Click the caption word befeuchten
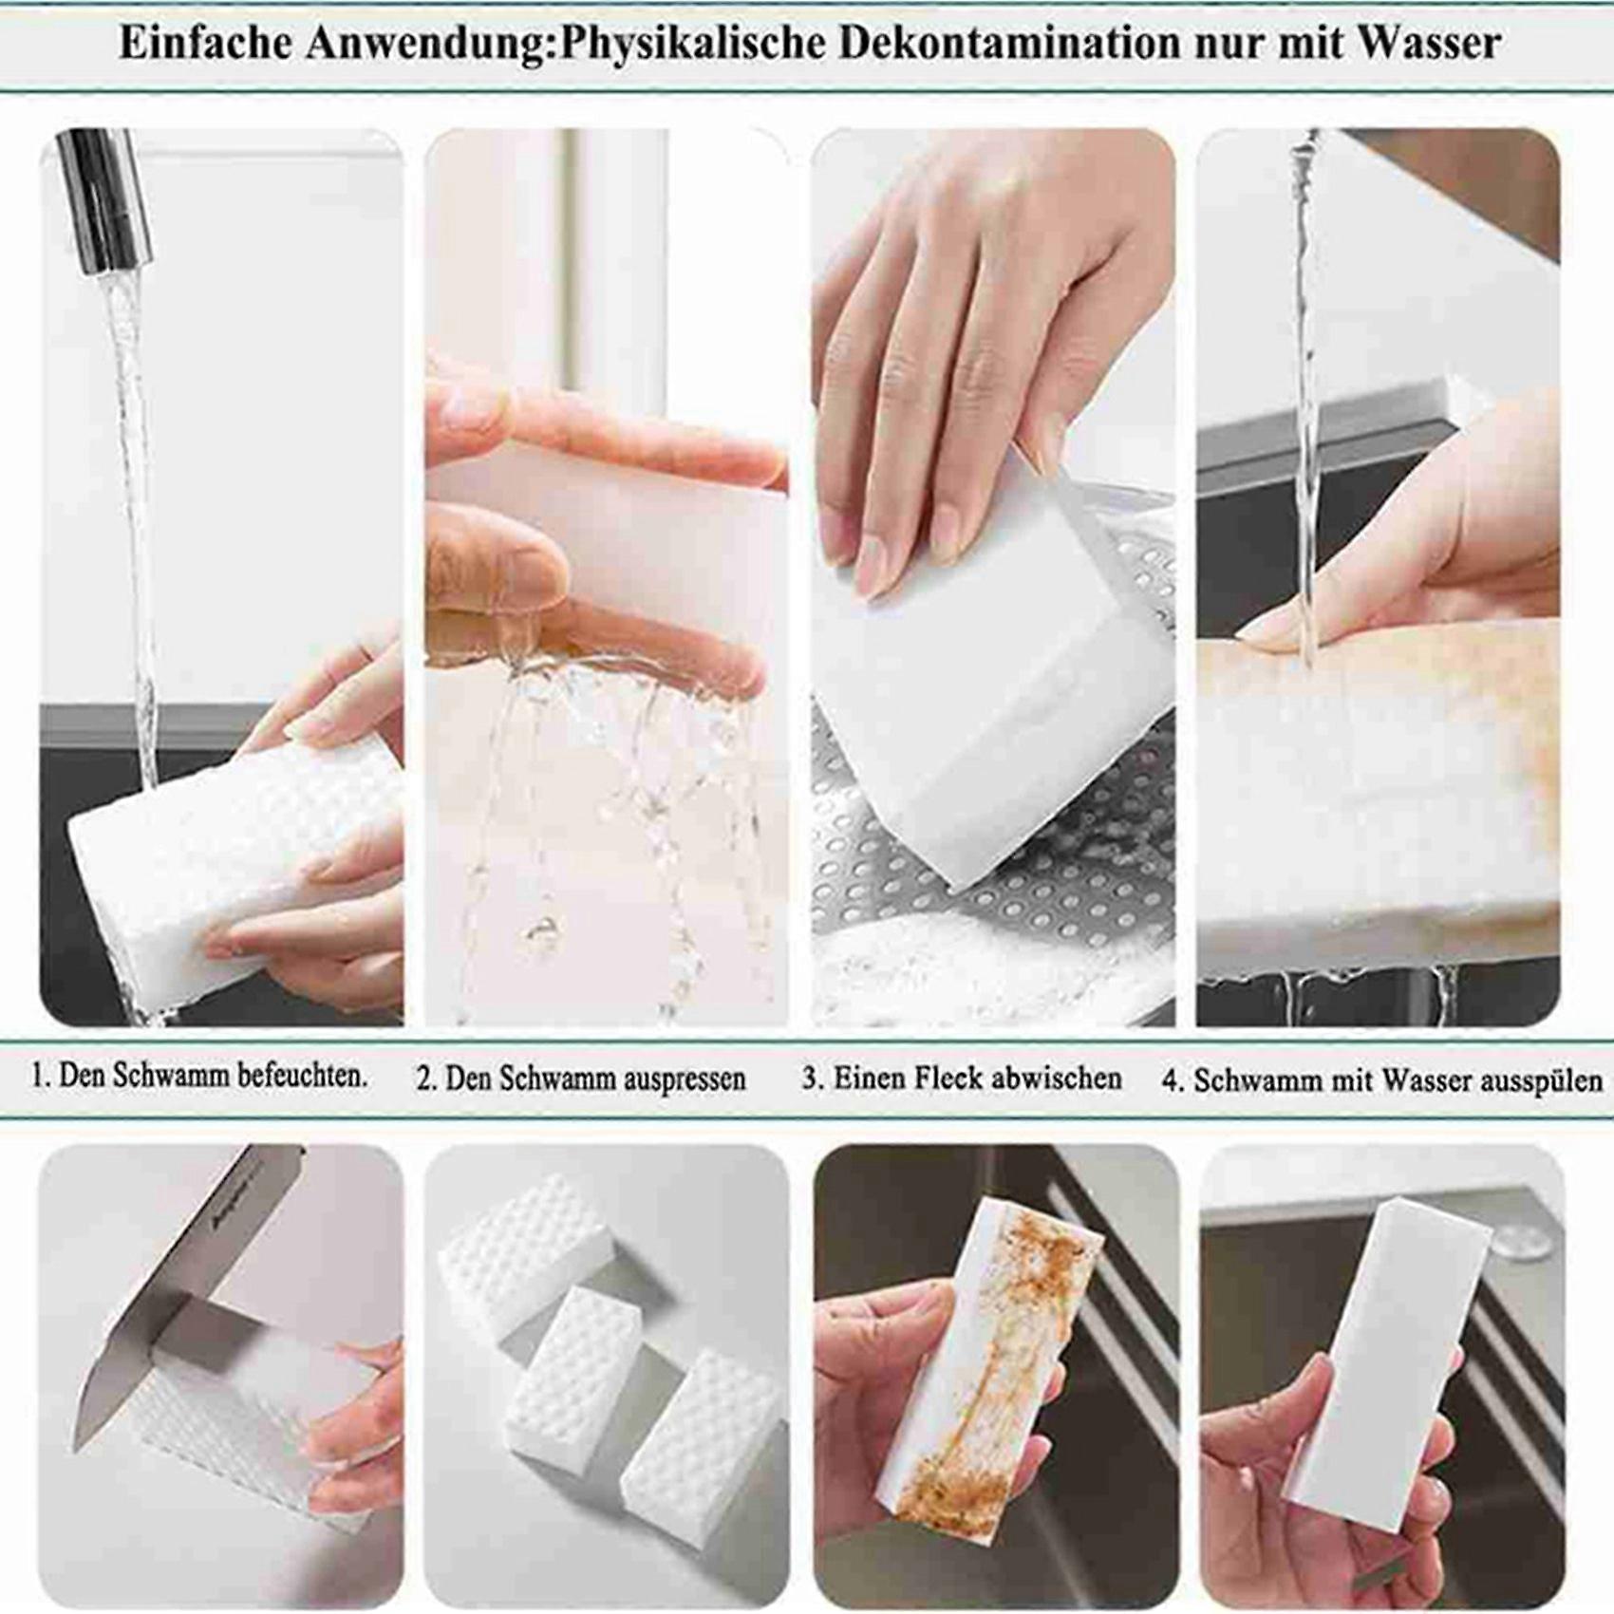click(x=302, y=1076)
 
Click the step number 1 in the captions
click(x=39, y=1077)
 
